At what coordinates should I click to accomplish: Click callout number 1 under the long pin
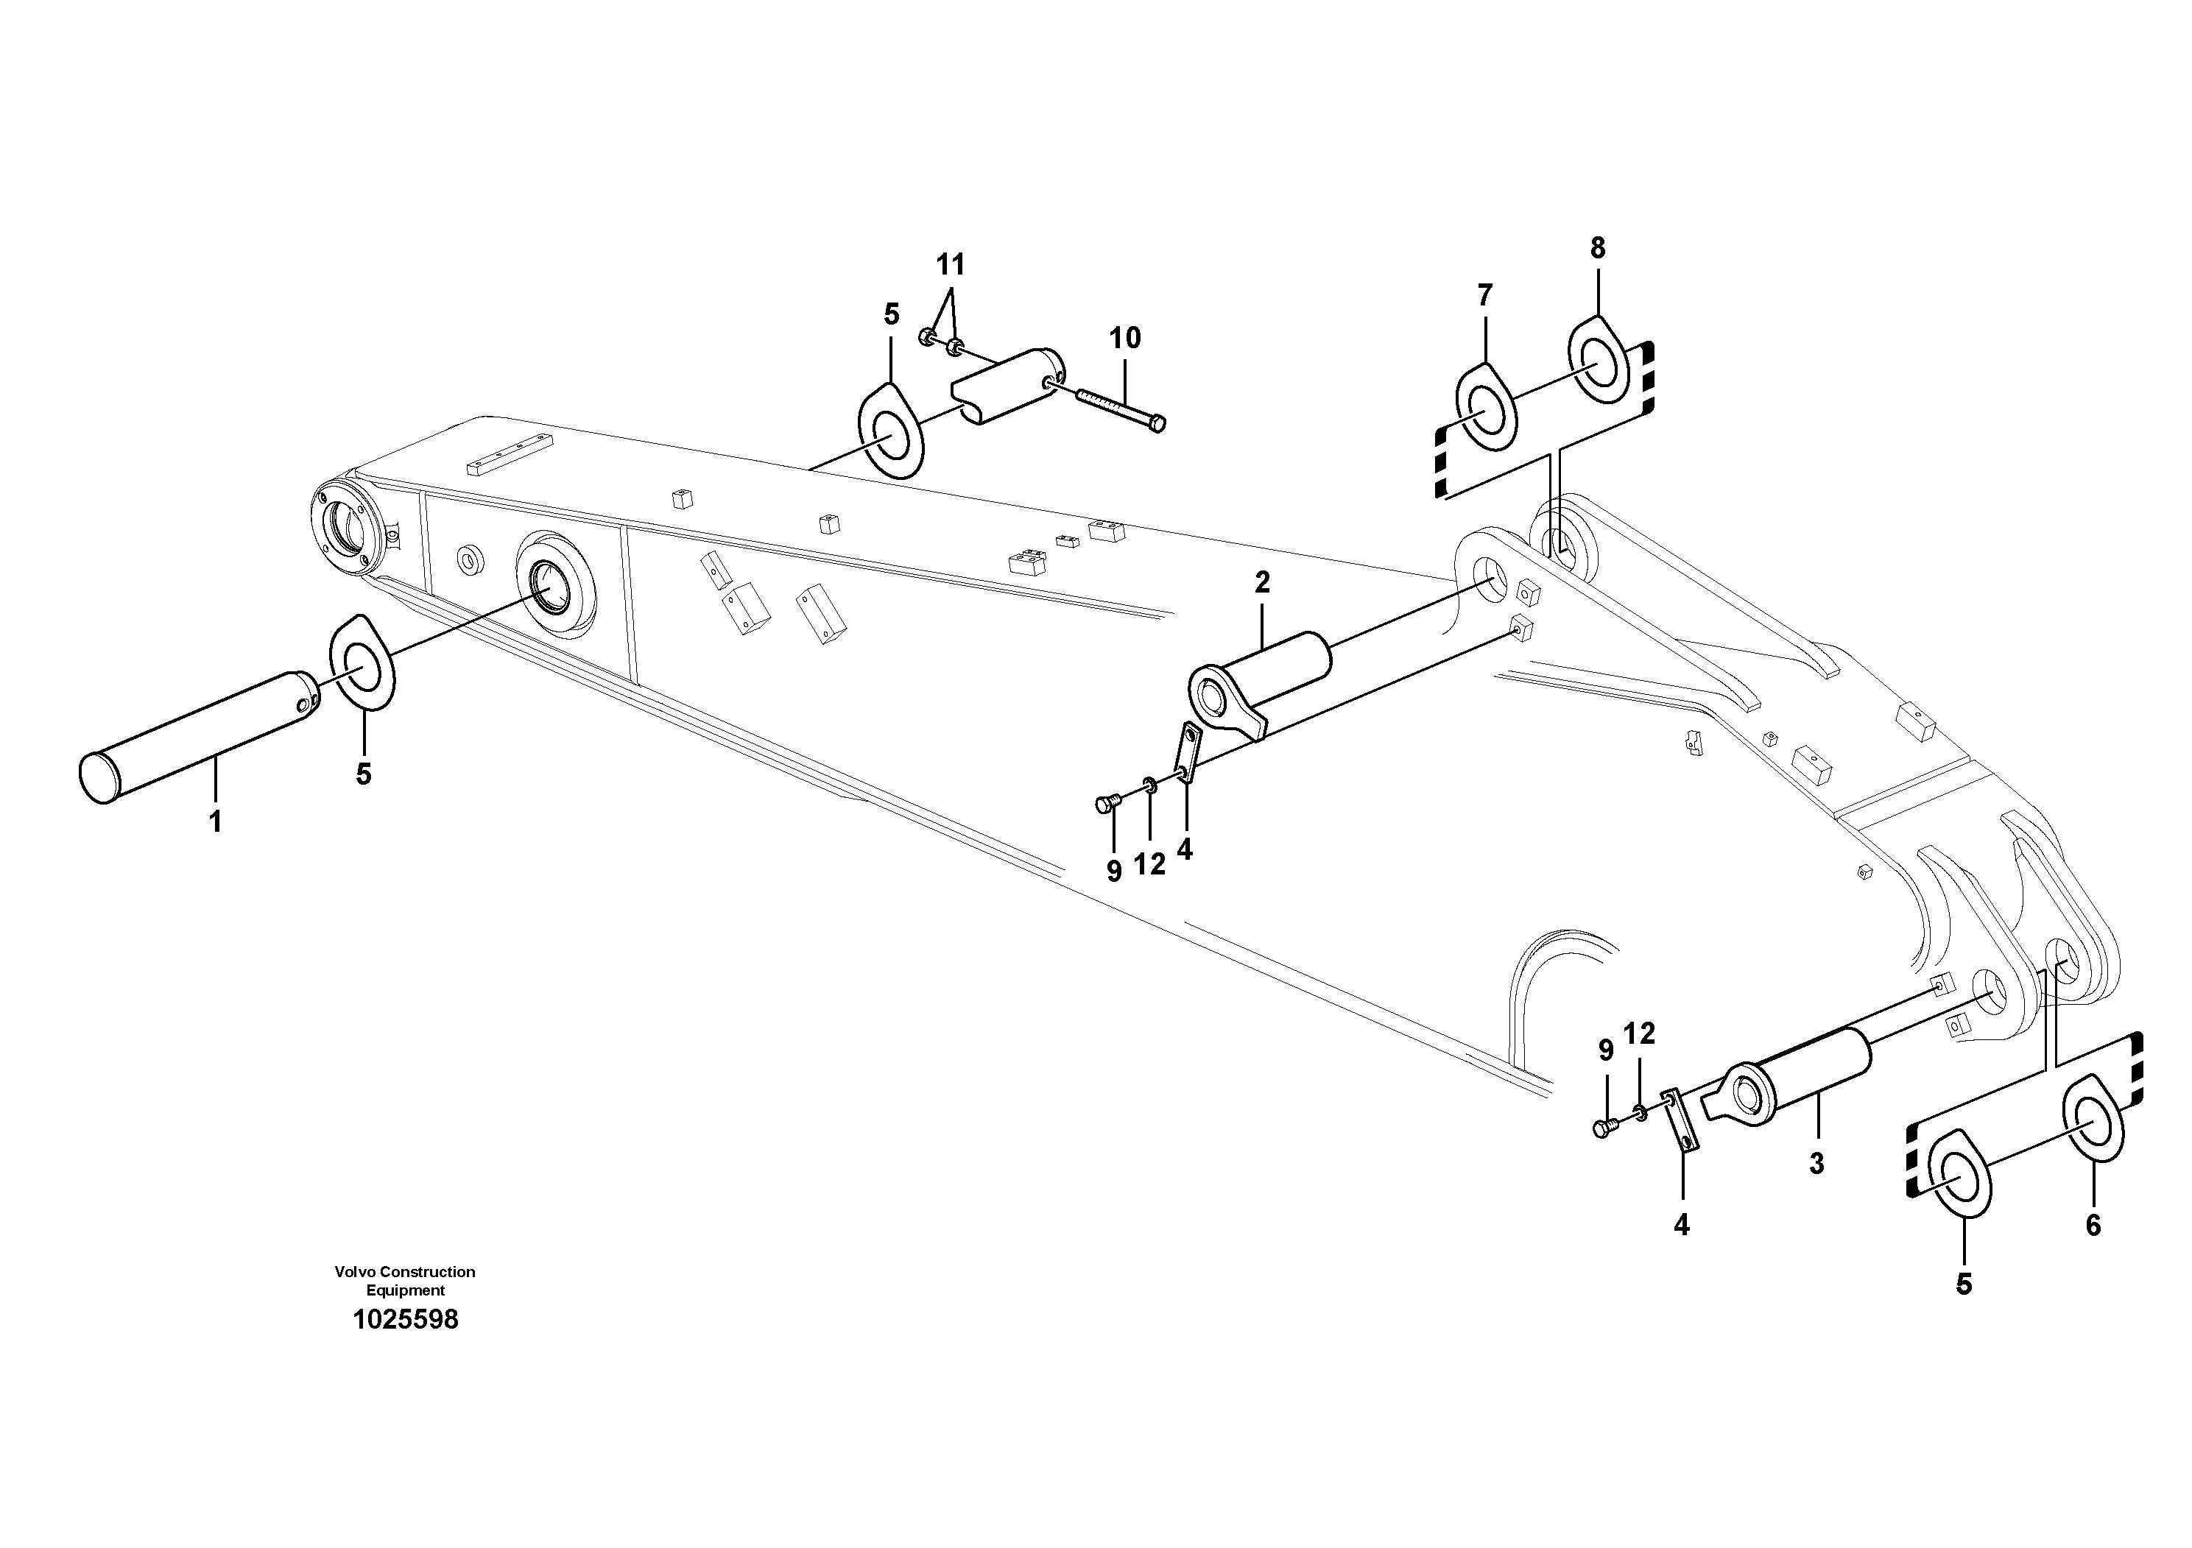coord(216,821)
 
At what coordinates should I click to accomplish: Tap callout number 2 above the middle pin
coord(1262,583)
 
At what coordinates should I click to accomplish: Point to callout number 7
coord(1484,296)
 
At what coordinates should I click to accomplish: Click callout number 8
coord(1597,248)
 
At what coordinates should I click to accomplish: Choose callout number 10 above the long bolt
coord(1124,338)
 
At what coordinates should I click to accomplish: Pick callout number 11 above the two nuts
coord(950,264)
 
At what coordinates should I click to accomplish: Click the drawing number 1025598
coord(405,1320)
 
